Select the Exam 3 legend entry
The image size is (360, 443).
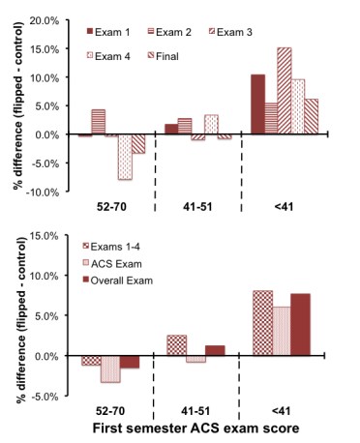click(226, 33)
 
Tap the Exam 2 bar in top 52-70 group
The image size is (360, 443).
click(98, 122)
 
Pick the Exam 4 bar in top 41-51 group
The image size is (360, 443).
click(211, 125)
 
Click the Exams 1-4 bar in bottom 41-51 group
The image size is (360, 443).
click(176, 345)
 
